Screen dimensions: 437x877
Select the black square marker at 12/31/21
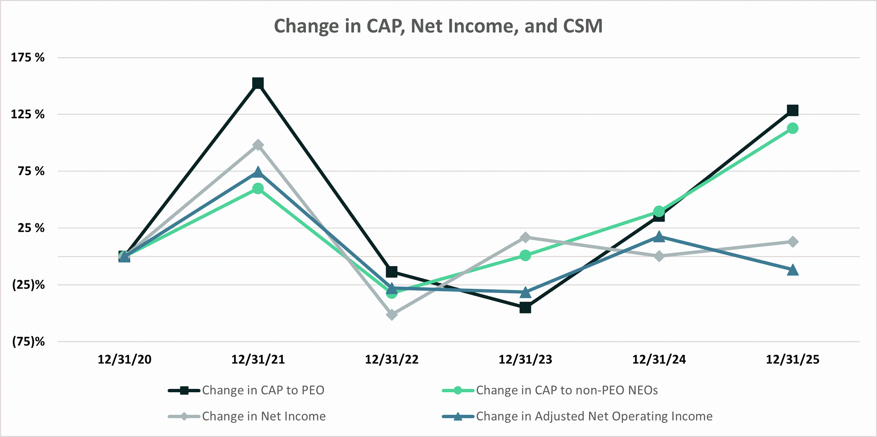point(258,83)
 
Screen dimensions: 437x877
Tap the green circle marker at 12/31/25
point(793,129)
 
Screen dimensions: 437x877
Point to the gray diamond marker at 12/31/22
point(392,314)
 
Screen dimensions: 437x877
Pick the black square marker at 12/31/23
point(525,307)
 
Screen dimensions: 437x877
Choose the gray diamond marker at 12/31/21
point(258,145)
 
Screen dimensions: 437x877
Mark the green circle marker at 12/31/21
point(258,188)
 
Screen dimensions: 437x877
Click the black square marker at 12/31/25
point(793,110)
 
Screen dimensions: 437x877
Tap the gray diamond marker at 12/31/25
point(793,242)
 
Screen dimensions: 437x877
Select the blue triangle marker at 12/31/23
point(525,292)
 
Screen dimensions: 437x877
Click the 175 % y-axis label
point(28,57)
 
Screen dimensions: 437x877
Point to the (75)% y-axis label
point(28,341)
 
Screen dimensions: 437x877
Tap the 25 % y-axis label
point(31,228)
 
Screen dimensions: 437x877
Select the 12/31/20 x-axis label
point(124,360)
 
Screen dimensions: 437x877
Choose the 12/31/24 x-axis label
point(659,360)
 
